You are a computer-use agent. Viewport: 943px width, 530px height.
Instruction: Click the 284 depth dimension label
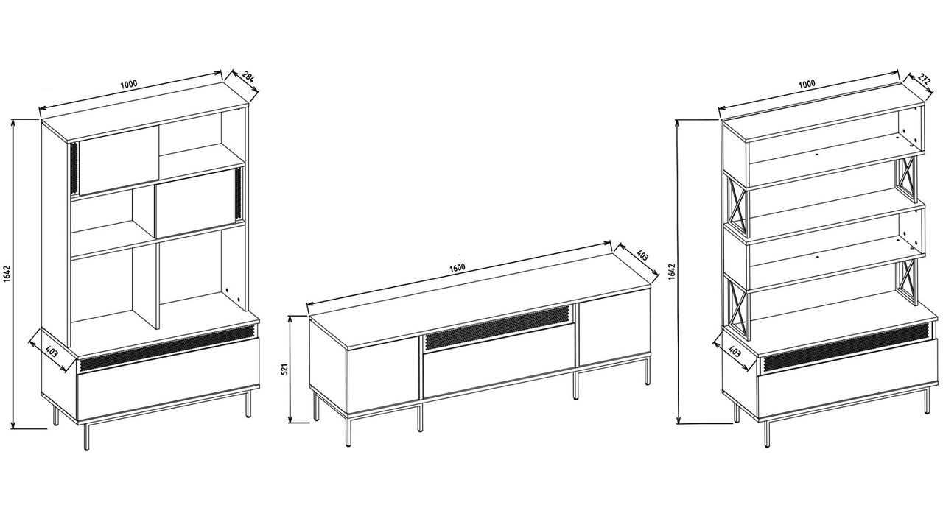[249, 78]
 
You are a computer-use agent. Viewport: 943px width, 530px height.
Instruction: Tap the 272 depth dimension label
[925, 79]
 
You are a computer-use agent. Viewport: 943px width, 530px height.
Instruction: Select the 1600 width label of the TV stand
[458, 267]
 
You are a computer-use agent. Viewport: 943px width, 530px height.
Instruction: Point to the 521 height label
[285, 370]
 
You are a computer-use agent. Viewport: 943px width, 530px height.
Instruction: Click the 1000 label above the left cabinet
[129, 84]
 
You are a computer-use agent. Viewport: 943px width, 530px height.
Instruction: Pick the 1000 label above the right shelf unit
[807, 84]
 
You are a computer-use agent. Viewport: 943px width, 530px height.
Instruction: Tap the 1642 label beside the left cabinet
[7, 274]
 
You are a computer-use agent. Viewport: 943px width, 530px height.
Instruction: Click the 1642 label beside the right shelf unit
[672, 272]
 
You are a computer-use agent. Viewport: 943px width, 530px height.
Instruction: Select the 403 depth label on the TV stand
[642, 255]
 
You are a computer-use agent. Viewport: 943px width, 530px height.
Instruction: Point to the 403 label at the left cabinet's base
[52, 351]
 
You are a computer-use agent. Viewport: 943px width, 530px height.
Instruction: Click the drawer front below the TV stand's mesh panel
[499, 361]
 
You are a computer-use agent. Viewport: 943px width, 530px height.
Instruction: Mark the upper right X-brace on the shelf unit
[907, 179]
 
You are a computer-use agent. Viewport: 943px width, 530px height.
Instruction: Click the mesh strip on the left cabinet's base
[168, 349]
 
